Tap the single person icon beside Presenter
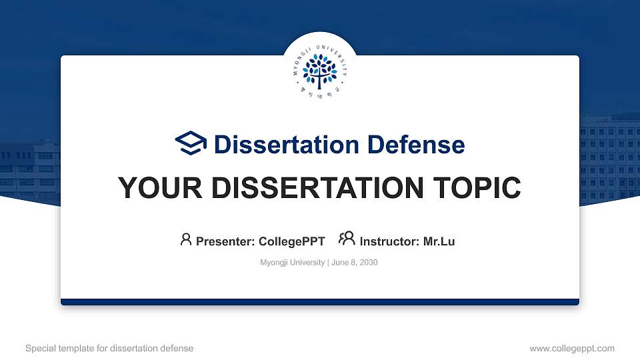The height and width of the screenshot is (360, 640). tap(186, 239)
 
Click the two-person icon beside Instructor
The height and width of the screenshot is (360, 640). tap(347, 239)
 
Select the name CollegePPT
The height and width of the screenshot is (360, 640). tap(292, 241)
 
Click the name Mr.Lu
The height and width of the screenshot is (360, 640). tap(439, 241)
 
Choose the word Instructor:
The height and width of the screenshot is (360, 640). tap(390, 241)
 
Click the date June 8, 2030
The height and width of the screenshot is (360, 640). tap(354, 263)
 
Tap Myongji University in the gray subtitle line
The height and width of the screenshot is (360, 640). tap(291, 263)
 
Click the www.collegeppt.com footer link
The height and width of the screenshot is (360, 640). tap(571, 348)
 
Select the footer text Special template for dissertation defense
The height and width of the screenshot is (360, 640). tap(109, 348)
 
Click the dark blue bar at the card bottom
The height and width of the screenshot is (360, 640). tap(320, 302)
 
